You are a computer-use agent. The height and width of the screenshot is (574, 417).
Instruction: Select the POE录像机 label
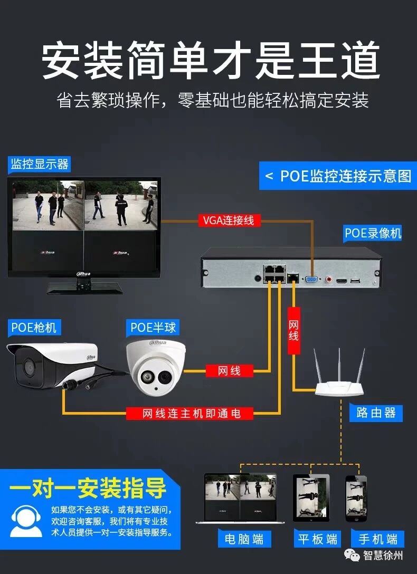click(x=373, y=233)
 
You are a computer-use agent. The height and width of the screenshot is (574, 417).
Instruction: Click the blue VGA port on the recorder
click(x=311, y=280)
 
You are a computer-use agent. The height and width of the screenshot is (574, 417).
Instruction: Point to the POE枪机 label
click(x=34, y=327)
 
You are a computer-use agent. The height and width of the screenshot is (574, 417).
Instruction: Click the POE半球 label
click(x=153, y=327)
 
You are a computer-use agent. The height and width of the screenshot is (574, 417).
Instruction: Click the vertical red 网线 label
click(x=293, y=331)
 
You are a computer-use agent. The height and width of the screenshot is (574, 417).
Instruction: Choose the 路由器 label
click(x=376, y=413)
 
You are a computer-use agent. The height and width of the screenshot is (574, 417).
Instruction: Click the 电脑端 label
click(x=244, y=539)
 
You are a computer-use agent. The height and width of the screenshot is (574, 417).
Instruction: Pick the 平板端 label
click(x=317, y=539)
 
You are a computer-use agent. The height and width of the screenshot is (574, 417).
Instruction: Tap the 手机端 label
click(x=377, y=539)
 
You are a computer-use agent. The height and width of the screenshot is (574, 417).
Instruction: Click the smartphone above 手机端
click(x=356, y=498)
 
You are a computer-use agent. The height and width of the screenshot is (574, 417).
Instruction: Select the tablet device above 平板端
click(x=311, y=498)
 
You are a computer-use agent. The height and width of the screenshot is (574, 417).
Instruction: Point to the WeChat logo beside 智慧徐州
click(x=352, y=556)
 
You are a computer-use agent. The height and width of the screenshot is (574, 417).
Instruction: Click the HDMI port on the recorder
click(x=342, y=281)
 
